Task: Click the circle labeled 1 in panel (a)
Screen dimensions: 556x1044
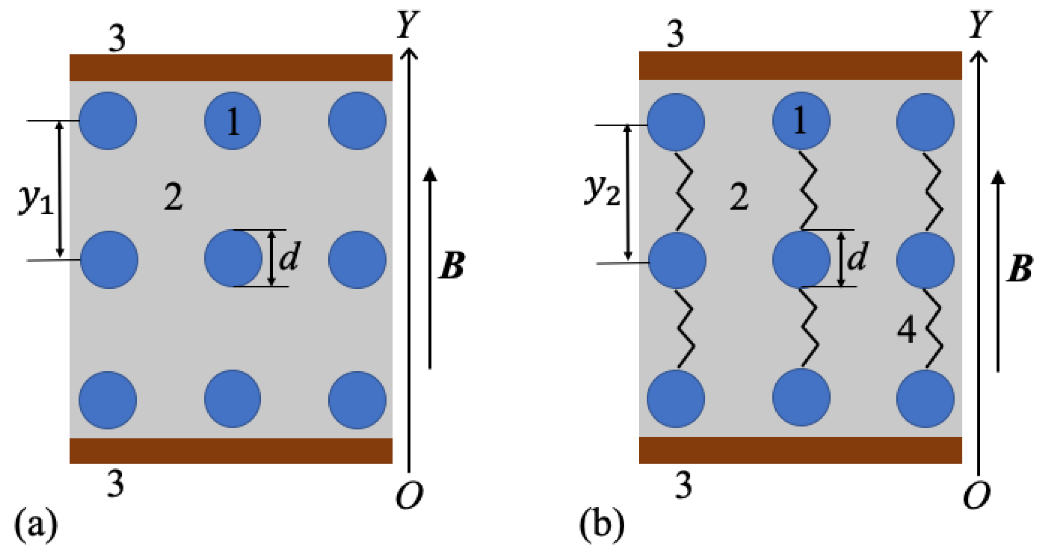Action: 233,121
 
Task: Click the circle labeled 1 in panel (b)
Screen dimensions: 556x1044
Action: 801,121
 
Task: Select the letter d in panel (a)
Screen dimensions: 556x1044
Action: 289,256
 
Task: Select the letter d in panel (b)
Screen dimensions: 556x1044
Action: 857,256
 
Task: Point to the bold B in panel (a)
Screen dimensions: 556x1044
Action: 452,265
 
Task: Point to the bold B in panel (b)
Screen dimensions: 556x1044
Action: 1019,268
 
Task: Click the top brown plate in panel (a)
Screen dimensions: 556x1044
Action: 231,68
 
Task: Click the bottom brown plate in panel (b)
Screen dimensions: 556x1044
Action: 800,450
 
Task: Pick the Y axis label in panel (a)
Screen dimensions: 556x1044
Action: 407,24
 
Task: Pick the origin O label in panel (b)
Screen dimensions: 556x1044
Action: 976,495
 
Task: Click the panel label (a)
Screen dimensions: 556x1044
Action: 36,524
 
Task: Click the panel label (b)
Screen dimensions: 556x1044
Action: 602,524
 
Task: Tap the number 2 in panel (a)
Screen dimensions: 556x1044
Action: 173,197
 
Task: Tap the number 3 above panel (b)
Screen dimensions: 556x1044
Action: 675,34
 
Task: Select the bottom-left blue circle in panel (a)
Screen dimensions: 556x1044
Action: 108,400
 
